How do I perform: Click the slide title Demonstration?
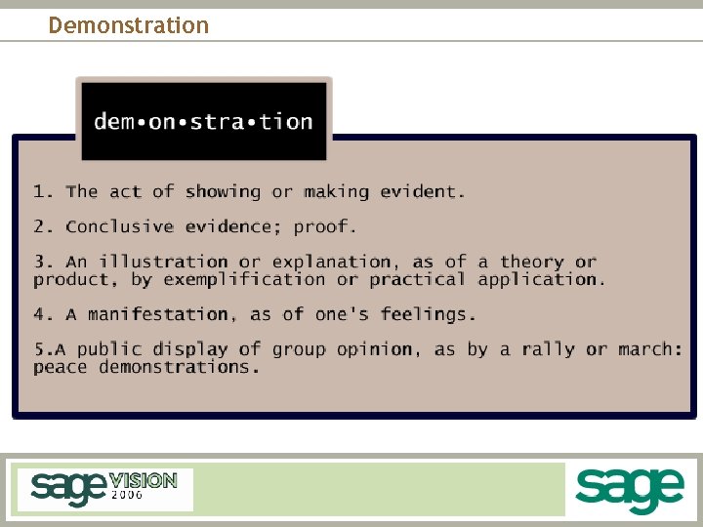tap(128, 24)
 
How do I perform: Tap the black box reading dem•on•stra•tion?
tap(203, 121)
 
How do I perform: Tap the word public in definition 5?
tap(109, 349)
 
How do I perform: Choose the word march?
tap(647, 349)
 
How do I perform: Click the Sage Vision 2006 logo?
tap(103, 488)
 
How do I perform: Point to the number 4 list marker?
tap(40, 314)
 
